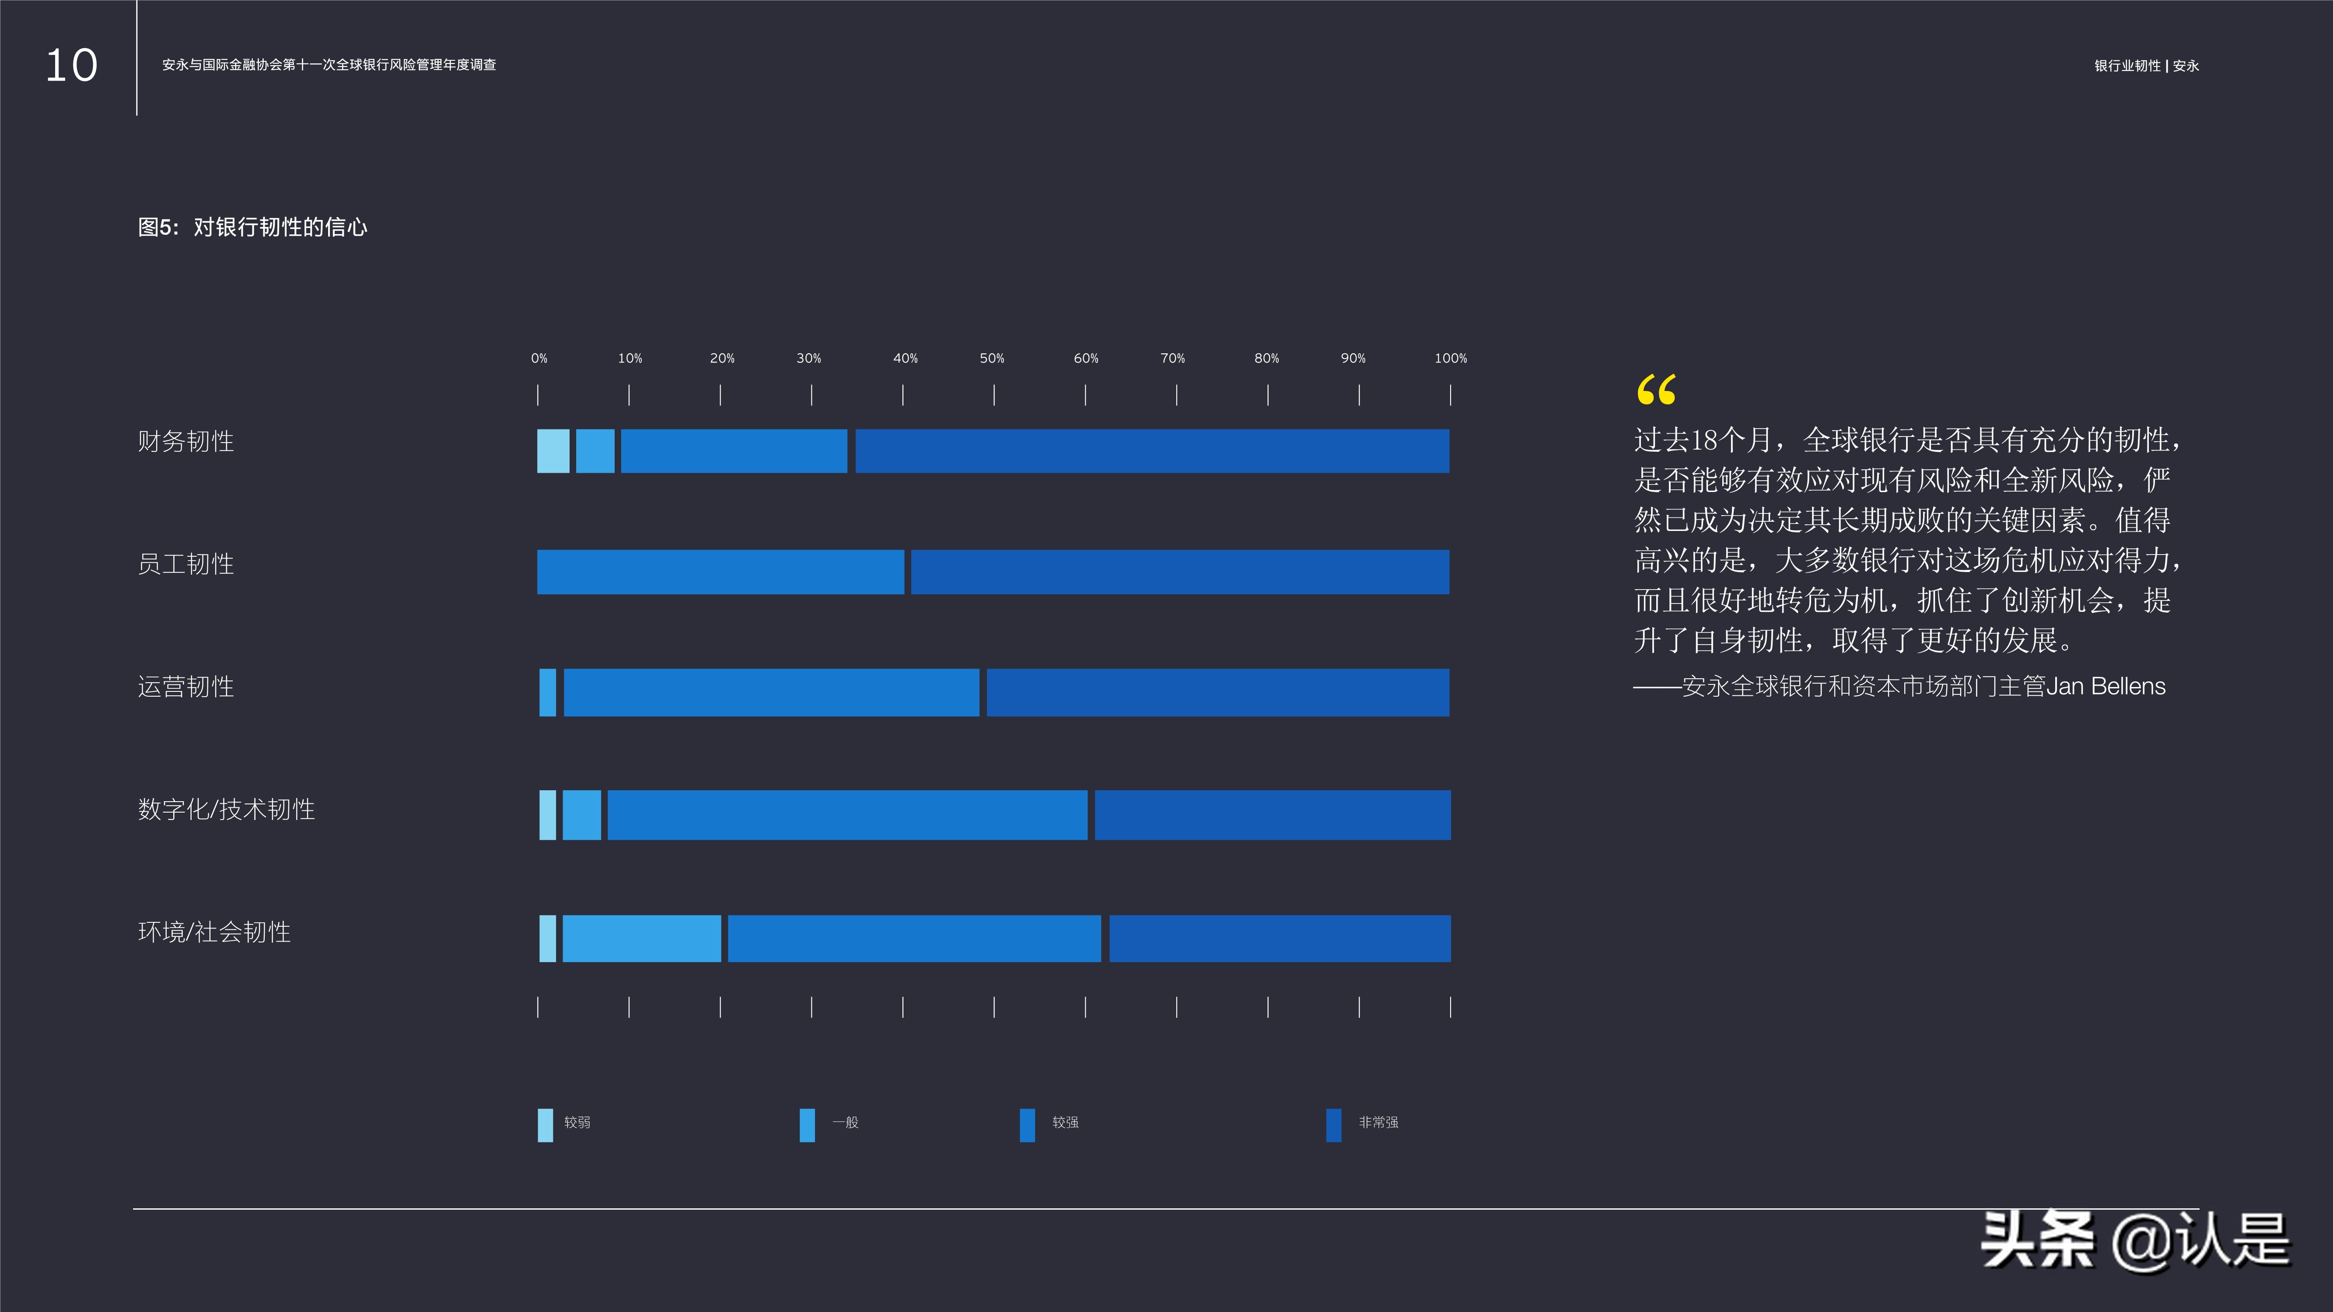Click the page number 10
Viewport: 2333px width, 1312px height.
click(72, 66)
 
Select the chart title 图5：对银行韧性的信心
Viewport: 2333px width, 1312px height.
click(253, 227)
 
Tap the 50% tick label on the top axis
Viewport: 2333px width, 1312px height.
click(992, 359)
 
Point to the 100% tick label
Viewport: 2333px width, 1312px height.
click(1450, 359)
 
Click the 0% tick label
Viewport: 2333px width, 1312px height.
click(539, 359)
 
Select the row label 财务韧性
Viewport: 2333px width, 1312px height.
click(185, 442)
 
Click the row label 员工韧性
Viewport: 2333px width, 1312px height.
click(185, 564)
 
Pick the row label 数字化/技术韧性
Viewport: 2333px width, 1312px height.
click(227, 810)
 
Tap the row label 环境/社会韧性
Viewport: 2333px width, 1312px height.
click(214, 933)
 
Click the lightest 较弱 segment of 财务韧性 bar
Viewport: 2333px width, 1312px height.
click(553, 451)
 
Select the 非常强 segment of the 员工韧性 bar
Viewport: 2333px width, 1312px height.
click(1179, 572)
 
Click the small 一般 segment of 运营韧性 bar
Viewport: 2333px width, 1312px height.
click(548, 693)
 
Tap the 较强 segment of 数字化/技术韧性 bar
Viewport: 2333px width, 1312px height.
click(847, 815)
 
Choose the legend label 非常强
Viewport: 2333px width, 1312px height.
click(1378, 1123)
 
